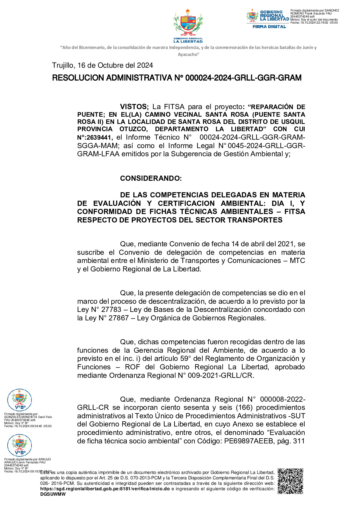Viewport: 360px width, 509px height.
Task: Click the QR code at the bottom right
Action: [x=290, y=481]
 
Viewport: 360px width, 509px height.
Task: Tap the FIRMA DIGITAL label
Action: [x=269, y=27]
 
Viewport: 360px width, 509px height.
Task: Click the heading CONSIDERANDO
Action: [x=151, y=178]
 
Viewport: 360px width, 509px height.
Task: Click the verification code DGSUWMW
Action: [x=53, y=494]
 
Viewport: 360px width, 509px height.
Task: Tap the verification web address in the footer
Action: [x=105, y=489]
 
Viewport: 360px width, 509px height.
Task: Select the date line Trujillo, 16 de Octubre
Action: [x=102, y=65]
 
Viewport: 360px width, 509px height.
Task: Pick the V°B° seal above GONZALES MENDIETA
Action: [x=20, y=400]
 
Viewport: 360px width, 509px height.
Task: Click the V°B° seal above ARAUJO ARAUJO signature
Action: [x=20, y=445]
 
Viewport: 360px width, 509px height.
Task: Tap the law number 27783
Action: [x=111, y=310]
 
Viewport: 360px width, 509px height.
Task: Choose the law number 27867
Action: [x=119, y=318]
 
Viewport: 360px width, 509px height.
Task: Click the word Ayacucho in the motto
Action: [x=188, y=54]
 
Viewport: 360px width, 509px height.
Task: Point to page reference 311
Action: [x=299, y=441]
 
